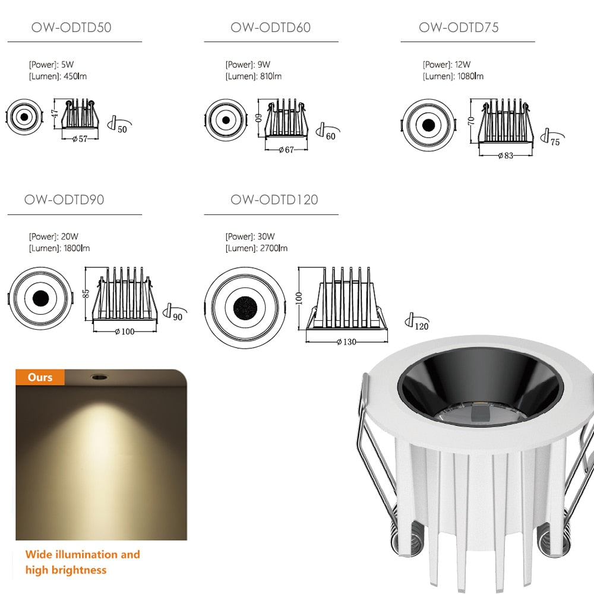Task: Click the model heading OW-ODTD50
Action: [x=71, y=27]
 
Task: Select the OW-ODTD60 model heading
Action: [x=270, y=27]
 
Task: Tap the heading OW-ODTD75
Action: [x=459, y=27]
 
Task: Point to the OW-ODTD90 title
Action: [x=64, y=200]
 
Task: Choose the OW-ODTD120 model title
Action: [x=274, y=200]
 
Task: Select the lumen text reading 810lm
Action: [x=254, y=76]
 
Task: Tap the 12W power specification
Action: [x=447, y=64]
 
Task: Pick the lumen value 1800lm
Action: [x=59, y=248]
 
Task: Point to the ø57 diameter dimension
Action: [x=80, y=140]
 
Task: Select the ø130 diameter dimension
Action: [x=346, y=342]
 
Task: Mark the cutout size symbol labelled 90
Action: [x=173, y=313]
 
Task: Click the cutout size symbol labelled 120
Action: [x=416, y=323]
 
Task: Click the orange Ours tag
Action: [x=40, y=377]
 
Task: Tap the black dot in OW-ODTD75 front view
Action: [x=428, y=125]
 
